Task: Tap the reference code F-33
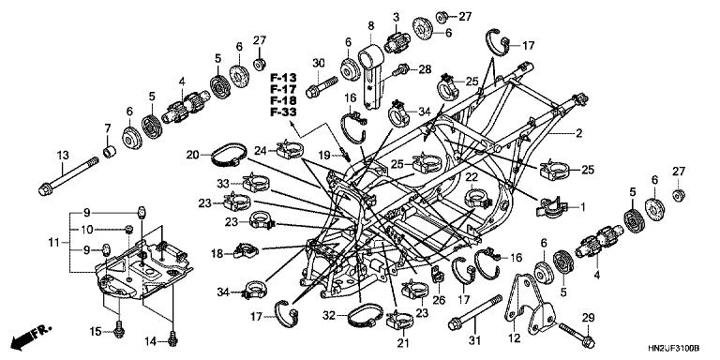(283, 112)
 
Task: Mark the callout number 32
(329, 315)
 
